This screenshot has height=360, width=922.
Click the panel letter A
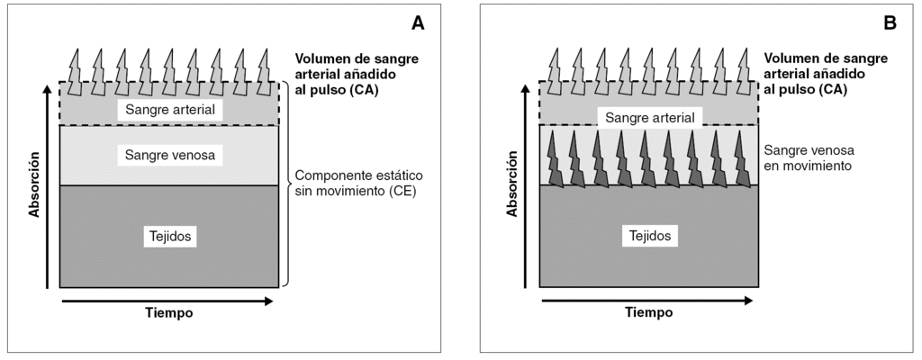(x=418, y=24)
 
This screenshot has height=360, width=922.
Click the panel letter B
(x=890, y=24)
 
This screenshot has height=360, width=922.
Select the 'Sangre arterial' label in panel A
(x=171, y=110)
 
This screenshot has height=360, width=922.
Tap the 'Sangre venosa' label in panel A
(x=171, y=155)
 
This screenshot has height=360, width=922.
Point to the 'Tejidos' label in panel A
(x=171, y=237)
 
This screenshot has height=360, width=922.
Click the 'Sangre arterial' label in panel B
(x=650, y=118)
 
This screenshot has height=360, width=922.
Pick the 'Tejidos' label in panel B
(x=650, y=236)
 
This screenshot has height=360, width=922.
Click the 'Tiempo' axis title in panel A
(x=169, y=313)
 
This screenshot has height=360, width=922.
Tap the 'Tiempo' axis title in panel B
(x=649, y=313)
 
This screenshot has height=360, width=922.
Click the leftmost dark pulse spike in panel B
(x=555, y=159)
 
